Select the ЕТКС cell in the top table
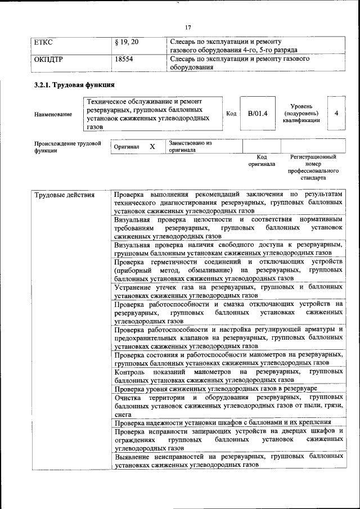[43, 42]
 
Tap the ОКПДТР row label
[48, 58]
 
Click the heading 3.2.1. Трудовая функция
[74, 85]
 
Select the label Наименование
[53, 115]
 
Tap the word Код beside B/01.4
[231, 114]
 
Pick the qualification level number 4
[336, 113]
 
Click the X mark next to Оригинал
[152, 146]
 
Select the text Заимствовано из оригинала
[190, 146]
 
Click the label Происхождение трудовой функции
[67, 146]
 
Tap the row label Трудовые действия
[64, 195]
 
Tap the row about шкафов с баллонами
[222, 422]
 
